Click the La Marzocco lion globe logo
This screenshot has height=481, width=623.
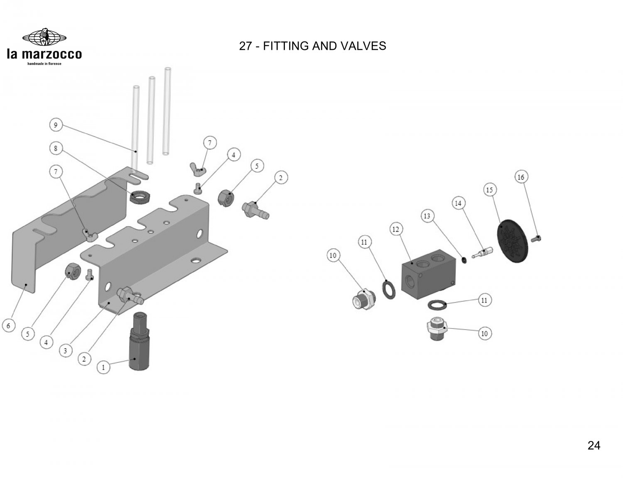tap(44, 37)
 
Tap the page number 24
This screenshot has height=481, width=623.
tap(594, 446)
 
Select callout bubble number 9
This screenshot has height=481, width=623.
tap(55, 125)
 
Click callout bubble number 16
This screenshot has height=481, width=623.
tap(520, 177)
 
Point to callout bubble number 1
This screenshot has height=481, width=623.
tap(103, 367)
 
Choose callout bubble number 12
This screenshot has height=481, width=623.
tap(396, 229)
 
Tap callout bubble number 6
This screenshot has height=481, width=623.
tap(9, 326)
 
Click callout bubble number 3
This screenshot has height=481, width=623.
tap(65, 351)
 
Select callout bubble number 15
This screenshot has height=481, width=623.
tap(489, 190)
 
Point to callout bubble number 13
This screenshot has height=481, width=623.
tap(427, 216)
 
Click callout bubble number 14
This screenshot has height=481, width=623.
tap(458, 203)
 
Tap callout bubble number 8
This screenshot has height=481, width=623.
tap(55, 148)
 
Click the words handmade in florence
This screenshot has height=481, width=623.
tap(44, 64)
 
